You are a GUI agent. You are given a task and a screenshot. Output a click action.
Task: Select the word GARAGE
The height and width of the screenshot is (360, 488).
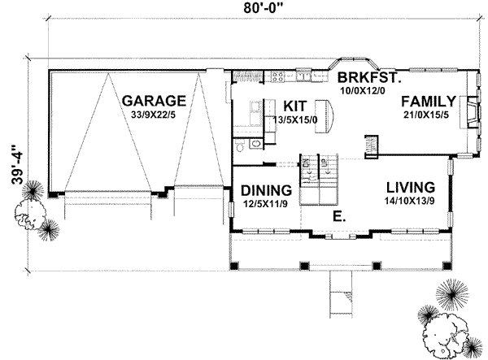tap(155, 101)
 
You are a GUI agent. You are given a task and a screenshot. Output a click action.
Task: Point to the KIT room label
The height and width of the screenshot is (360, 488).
tap(294, 106)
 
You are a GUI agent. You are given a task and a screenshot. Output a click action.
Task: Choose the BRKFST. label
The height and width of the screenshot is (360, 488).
tap(368, 78)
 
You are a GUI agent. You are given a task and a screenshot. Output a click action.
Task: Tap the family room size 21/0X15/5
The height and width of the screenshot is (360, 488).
tap(427, 116)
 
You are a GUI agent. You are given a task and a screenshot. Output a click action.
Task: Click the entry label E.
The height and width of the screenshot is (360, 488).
tap(338, 217)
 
